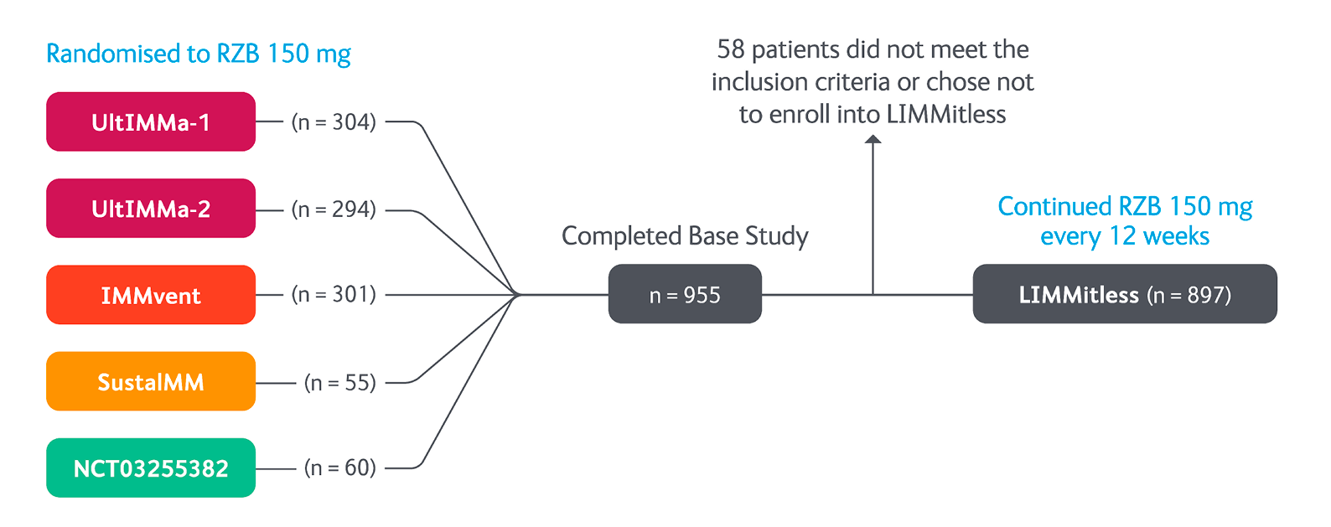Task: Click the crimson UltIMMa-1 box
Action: click(151, 121)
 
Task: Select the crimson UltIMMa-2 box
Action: click(151, 209)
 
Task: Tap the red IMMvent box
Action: click(151, 295)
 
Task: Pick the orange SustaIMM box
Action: click(151, 381)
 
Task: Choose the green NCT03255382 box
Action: click(151, 468)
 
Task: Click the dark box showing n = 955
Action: click(685, 294)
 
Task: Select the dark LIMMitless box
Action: click(1125, 294)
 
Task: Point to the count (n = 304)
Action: click(334, 122)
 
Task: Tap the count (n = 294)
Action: click(334, 209)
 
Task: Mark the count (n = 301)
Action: click(334, 295)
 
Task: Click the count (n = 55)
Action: click(340, 383)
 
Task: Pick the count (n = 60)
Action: click(340, 468)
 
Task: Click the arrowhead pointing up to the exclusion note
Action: click(873, 139)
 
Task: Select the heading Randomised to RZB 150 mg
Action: click(199, 54)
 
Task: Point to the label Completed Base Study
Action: click(685, 236)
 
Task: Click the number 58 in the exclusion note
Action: click(731, 49)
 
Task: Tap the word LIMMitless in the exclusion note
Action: click(946, 114)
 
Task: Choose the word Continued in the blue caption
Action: click(1054, 207)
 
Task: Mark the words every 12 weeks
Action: click(1125, 237)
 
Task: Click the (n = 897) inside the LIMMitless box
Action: click(1189, 295)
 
